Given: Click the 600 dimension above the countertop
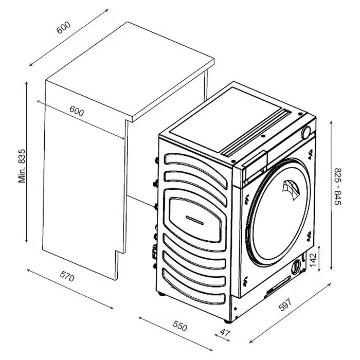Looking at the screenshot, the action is tap(64, 28).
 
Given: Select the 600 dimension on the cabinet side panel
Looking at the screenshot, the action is tap(77, 111).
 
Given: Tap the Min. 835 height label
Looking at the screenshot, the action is tap(22, 166).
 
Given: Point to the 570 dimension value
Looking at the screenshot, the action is tap(67, 276).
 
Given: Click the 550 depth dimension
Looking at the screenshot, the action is tap(180, 326).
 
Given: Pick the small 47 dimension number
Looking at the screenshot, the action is tap(225, 333).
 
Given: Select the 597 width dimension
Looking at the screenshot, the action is tap(285, 304).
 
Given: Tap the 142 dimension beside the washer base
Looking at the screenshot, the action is tap(313, 260).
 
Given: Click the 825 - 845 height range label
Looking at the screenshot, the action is tap(338, 186).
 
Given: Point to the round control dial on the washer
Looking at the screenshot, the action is tap(306, 133).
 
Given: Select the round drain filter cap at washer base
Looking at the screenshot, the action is tap(296, 267).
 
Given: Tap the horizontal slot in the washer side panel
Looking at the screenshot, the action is tap(194, 220).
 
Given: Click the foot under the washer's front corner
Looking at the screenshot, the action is tap(227, 321).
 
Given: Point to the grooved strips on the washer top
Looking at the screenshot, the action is tap(256, 133).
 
